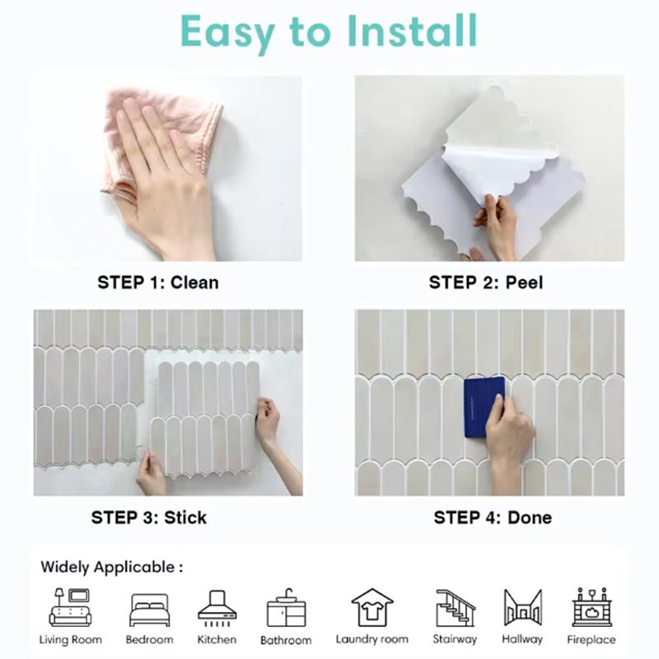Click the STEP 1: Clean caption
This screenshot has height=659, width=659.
pos(158,283)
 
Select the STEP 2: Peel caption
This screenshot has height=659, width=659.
pos(486,283)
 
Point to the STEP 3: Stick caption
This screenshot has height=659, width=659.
pos(149,518)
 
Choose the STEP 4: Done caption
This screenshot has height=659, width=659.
pos(493,518)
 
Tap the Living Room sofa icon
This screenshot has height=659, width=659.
pos(70,607)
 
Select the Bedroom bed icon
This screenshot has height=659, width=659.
pos(149,610)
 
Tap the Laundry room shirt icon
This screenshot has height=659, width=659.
pos(372,608)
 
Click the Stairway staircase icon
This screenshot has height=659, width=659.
pos(455,608)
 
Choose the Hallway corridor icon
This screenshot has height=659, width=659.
pos(522,608)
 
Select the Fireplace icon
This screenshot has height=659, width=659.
pos(590,608)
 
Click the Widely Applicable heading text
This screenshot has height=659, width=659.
pos(111,567)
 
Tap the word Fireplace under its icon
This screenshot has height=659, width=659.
pos(591,640)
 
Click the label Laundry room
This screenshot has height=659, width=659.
pos(372,639)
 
